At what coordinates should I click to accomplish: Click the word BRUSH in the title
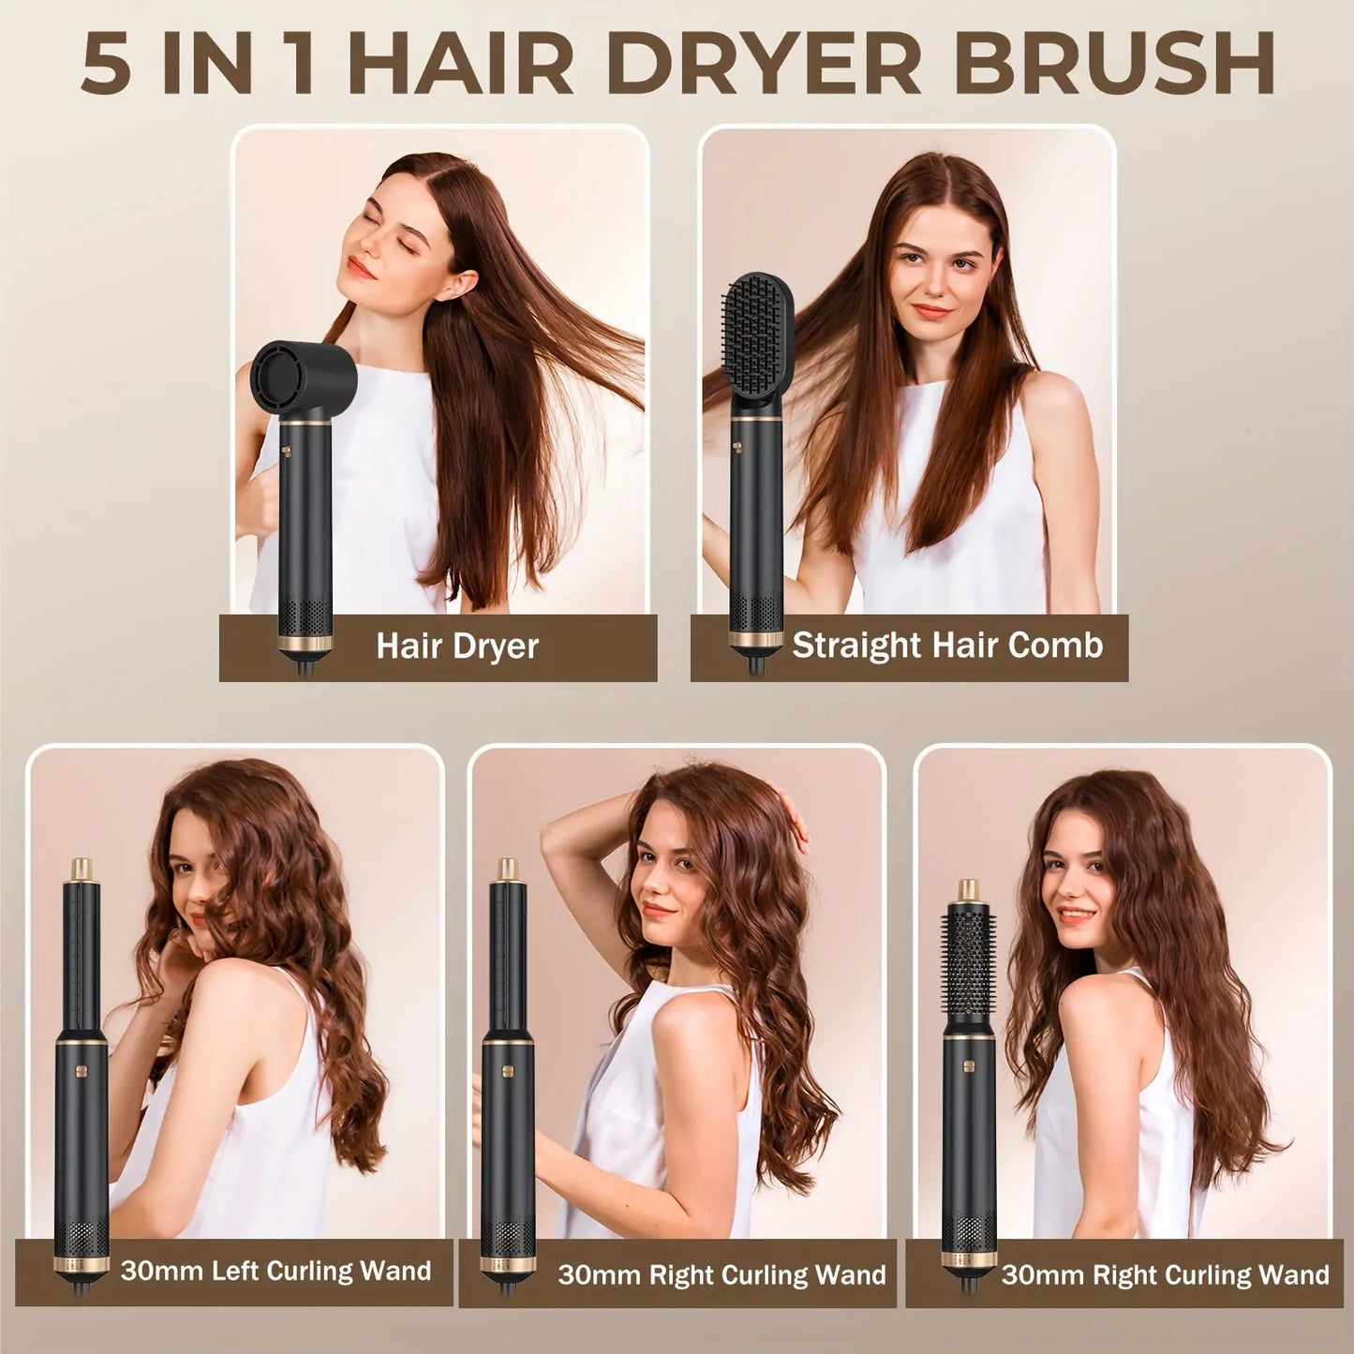pyautogui.click(x=1114, y=64)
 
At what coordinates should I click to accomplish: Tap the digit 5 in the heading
pyautogui.click(x=106, y=64)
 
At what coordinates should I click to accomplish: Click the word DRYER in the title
pyautogui.click(x=764, y=64)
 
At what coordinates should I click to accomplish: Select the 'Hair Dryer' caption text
pyautogui.click(x=457, y=647)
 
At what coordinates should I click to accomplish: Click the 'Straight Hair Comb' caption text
pyautogui.click(x=947, y=646)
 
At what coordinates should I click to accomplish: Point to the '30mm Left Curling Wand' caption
pyautogui.click(x=275, y=1271)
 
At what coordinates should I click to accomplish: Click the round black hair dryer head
pyautogui.click(x=302, y=377)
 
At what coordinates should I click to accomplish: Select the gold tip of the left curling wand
pyautogui.click(x=81, y=870)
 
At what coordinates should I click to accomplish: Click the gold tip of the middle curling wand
pyautogui.click(x=508, y=870)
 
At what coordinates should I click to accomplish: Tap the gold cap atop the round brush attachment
pyautogui.click(x=969, y=891)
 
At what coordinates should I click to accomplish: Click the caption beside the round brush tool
pyautogui.click(x=1165, y=1274)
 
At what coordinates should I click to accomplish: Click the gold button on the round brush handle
pyautogui.click(x=969, y=1065)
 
